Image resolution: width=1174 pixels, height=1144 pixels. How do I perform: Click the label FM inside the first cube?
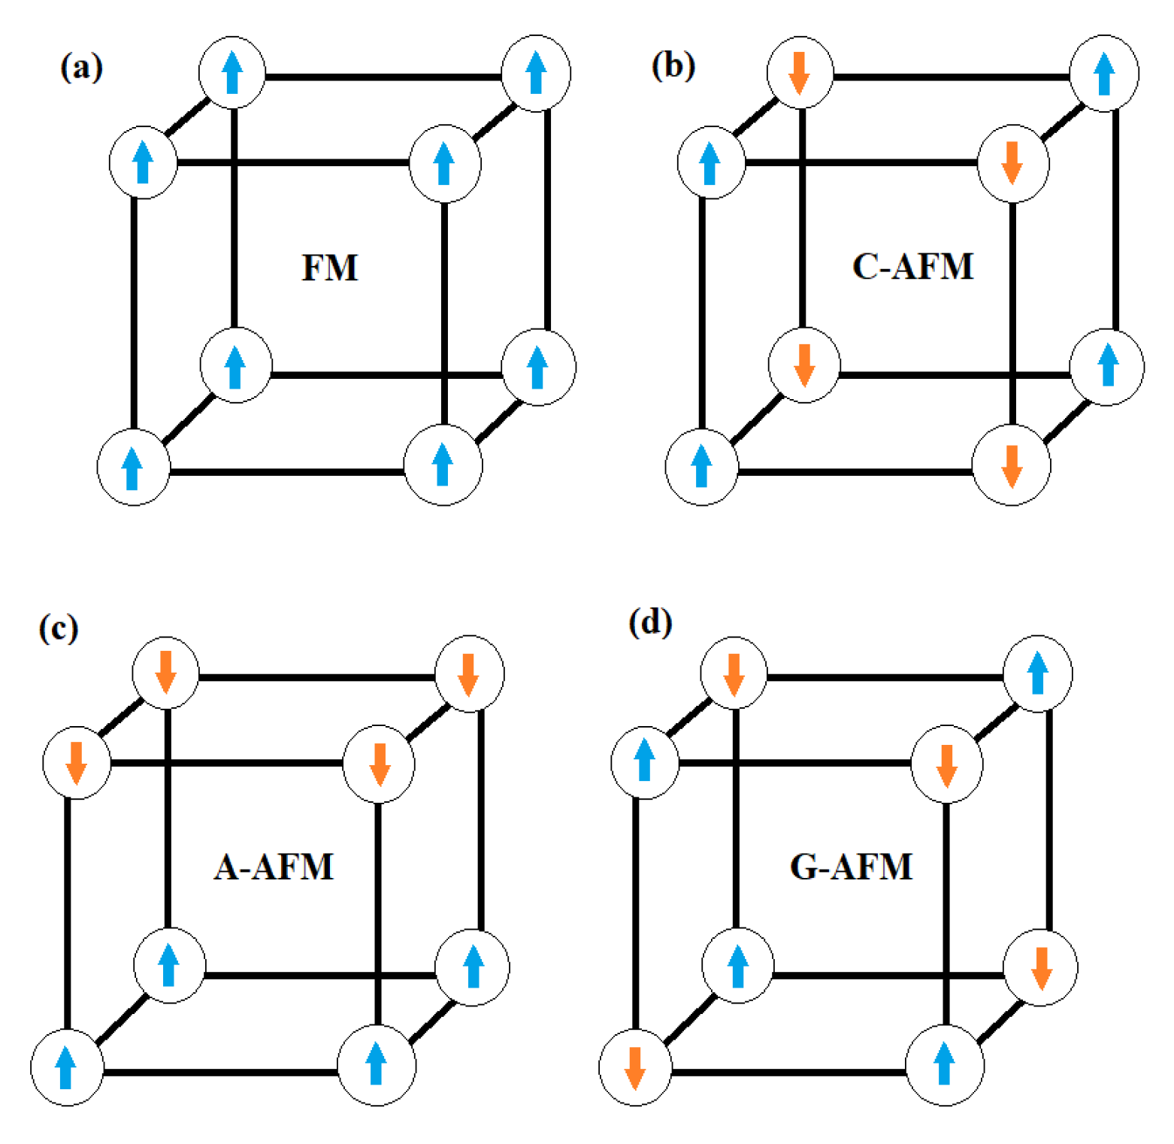tap(330, 268)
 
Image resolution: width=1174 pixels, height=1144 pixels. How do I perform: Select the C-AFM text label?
tap(912, 266)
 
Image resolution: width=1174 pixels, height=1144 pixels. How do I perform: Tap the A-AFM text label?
tap(274, 867)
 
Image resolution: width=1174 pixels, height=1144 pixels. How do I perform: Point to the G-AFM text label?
tap(851, 867)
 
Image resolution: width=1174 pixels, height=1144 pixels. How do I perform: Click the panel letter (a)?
tap(81, 68)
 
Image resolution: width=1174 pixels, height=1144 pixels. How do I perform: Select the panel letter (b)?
tap(673, 66)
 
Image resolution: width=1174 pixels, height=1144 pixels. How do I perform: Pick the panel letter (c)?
tap(59, 628)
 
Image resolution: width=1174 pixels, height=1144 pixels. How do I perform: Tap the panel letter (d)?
tap(650, 623)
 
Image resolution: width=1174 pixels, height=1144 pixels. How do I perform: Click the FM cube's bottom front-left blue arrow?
tap(132, 468)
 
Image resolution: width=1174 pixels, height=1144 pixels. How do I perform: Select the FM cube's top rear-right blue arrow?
tap(536, 72)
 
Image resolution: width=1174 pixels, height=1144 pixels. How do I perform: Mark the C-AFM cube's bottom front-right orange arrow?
tap(1012, 466)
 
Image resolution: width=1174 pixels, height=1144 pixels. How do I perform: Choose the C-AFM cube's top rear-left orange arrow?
tap(799, 73)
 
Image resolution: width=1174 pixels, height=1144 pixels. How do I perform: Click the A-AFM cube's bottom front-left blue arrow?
tap(66, 1067)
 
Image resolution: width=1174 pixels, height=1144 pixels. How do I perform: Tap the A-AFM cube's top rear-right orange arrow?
tap(469, 674)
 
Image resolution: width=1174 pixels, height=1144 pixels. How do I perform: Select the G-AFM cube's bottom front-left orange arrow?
tap(635, 1067)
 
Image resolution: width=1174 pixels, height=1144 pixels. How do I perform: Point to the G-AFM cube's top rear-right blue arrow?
tap(1038, 673)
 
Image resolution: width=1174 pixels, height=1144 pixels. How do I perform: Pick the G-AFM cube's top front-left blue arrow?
tap(644, 760)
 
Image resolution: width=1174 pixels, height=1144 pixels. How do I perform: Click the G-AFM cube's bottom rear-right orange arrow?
tap(1041, 968)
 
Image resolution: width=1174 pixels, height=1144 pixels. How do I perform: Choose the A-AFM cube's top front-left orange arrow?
tap(76, 762)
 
